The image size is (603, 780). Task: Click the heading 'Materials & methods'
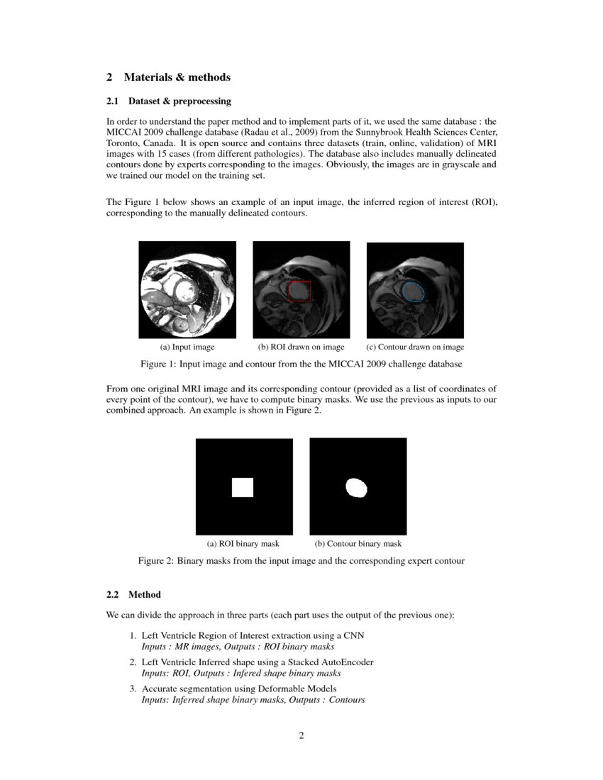tap(177, 77)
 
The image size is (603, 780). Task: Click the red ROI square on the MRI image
tap(300, 291)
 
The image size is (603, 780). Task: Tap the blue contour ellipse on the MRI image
tap(413, 291)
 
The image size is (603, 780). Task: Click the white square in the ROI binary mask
tap(243, 487)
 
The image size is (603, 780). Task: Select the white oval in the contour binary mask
tap(356, 487)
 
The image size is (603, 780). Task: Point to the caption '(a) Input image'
tap(187, 347)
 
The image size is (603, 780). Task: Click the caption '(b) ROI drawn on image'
tap(301, 347)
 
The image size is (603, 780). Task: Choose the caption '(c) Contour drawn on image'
tap(415, 347)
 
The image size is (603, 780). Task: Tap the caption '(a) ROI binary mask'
tap(243, 544)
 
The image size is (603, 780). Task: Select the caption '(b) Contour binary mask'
tap(358, 544)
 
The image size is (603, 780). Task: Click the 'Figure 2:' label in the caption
tap(155, 561)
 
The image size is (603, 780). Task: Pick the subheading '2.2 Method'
tap(134, 595)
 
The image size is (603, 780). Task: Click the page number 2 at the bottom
tap(301, 735)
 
